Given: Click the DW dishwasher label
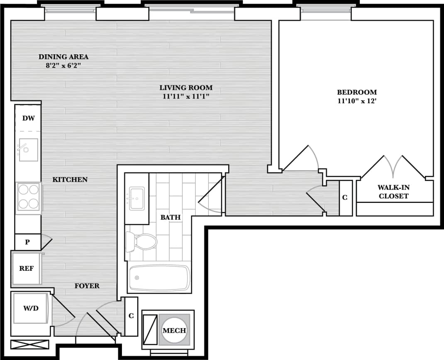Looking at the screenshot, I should (x=28, y=118).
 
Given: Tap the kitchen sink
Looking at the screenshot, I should (x=28, y=149).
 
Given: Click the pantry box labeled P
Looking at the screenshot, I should (x=27, y=242).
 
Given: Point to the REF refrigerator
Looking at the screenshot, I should (x=26, y=268).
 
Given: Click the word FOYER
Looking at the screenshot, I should (x=87, y=286).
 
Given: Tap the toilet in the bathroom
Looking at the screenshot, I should (x=141, y=241).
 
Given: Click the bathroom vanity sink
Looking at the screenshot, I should (x=137, y=198).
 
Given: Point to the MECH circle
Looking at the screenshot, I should (x=174, y=330).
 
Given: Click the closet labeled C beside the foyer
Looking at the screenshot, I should (x=131, y=316).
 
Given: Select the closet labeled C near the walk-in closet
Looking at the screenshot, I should (x=345, y=198).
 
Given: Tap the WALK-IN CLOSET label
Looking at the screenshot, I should (x=393, y=192).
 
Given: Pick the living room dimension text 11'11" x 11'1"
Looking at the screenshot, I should (x=186, y=97).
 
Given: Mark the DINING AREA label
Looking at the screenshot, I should (x=63, y=57).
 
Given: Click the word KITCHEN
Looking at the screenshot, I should (x=70, y=180).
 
